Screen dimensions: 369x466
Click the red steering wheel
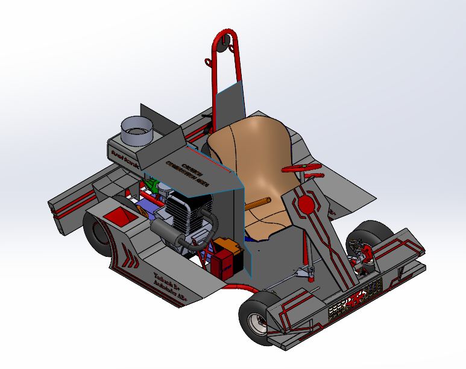coord(302,168)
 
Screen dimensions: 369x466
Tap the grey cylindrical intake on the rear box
coord(136,130)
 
